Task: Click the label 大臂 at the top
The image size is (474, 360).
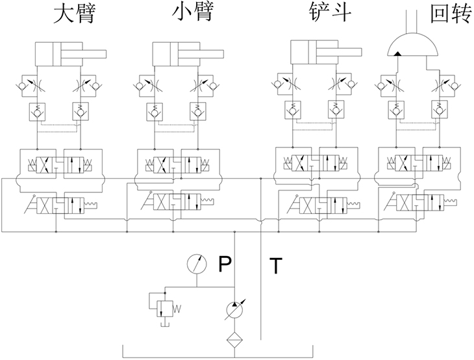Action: click(x=74, y=14)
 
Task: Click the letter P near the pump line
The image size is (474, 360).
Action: click(x=225, y=264)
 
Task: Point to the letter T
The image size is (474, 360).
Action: click(x=277, y=266)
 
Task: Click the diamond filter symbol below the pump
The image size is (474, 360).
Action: click(x=234, y=339)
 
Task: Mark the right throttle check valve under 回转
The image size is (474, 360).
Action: click(x=447, y=84)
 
